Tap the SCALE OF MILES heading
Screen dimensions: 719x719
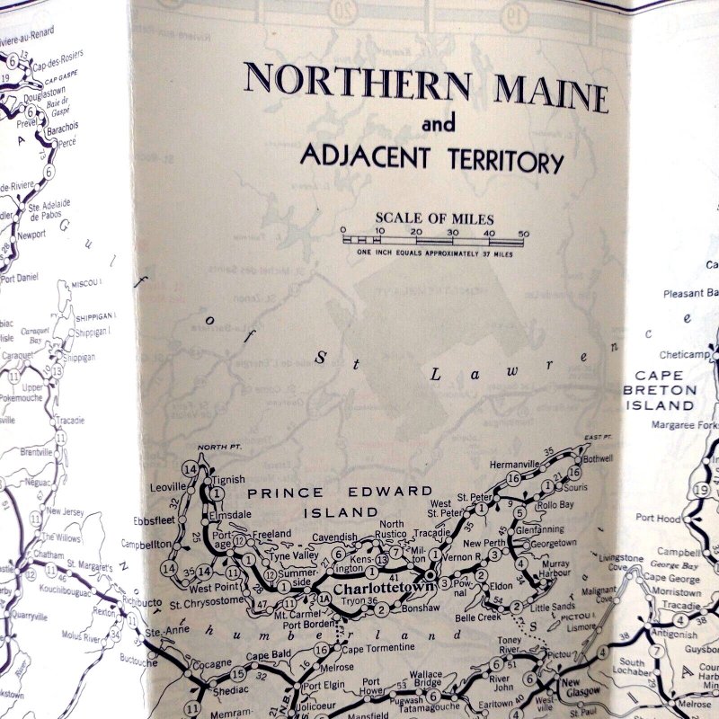click(x=434, y=218)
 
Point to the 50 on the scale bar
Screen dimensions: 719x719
click(x=523, y=232)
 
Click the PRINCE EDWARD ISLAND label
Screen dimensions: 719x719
click(x=340, y=502)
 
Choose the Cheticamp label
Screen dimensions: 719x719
click(x=684, y=354)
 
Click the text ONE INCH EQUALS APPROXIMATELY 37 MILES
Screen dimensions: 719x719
click(x=435, y=253)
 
